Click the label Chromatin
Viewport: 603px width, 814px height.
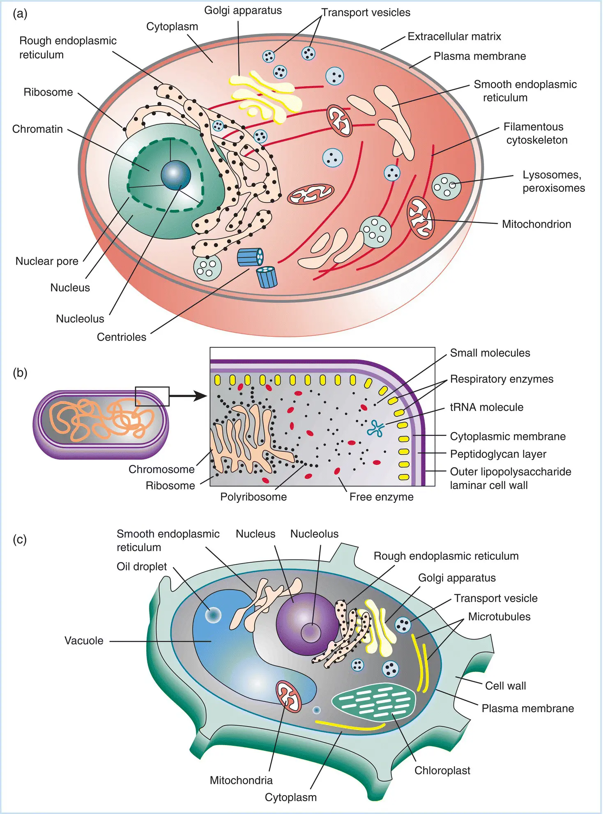click(x=37, y=129)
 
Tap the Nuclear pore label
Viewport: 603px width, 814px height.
click(x=47, y=261)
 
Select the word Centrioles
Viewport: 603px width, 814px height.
click(x=121, y=337)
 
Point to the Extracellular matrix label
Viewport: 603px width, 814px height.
click(x=454, y=37)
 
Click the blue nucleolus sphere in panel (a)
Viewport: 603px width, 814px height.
click(x=176, y=175)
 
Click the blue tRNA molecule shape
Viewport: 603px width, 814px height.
click(x=376, y=428)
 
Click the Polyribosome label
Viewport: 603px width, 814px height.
click(x=253, y=497)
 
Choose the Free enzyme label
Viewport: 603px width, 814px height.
click(x=381, y=497)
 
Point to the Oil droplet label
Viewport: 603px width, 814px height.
click(x=142, y=566)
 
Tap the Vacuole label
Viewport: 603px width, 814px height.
click(x=84, y=641)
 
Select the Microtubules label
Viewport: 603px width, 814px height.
click(x=499, y=616)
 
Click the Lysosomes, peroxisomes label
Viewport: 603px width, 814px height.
click(x=553, y=181)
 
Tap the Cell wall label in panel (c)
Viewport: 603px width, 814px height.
click(x=505, y=685)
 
